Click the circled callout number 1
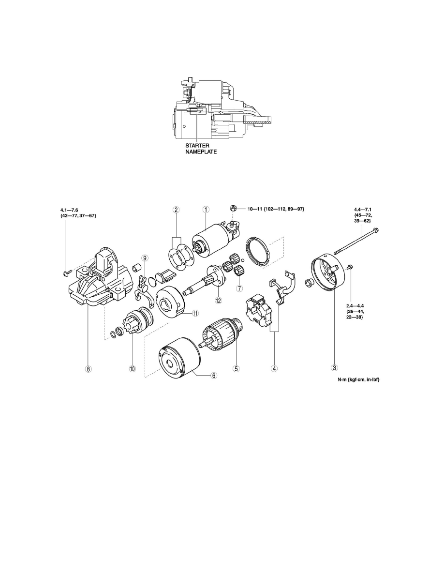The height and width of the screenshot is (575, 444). click(x=206, y=210)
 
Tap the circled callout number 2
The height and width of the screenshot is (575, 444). click(x=176, y=210)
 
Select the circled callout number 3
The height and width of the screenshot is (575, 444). click(x=334, y=367)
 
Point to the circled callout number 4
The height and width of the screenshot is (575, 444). click(x=274, y=367)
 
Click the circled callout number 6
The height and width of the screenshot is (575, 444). click(x=214, y=375)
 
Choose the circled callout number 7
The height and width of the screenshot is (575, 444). click(x=239, y=288)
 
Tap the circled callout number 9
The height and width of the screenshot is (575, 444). click(x=145, y=258)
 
